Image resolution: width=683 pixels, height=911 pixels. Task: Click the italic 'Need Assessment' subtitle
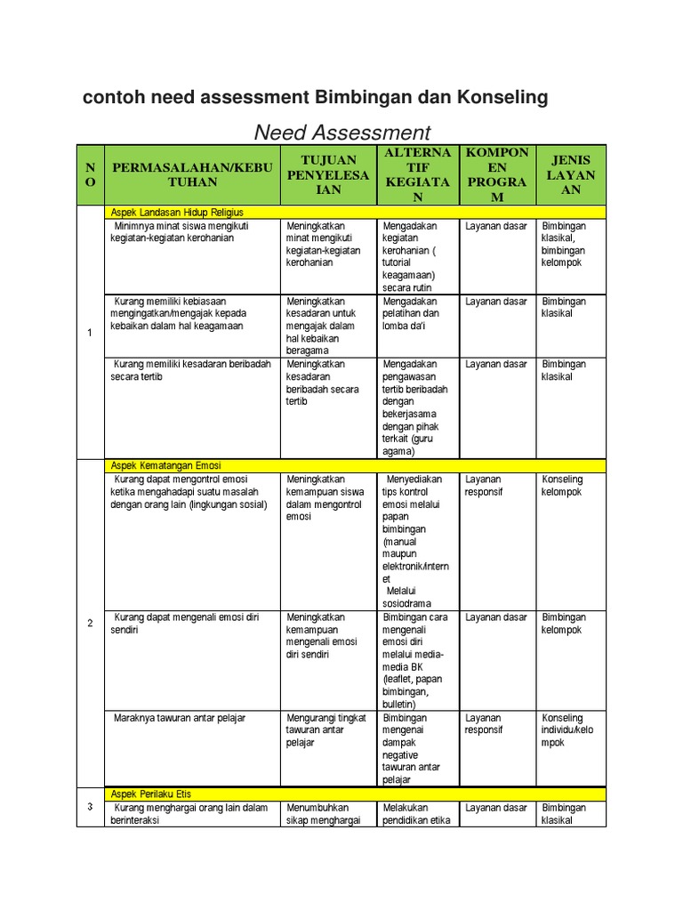(x=342, y=133)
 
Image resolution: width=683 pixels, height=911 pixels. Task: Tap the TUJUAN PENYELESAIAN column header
(x=327, y=174)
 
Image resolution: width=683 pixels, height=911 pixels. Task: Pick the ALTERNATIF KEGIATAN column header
(x=417, y=174)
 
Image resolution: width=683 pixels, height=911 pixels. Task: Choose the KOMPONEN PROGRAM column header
(x=497, y=174)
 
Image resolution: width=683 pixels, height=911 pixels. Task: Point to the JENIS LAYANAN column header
(x=571, y=174)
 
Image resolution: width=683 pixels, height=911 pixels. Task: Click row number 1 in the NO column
(x=90, y=333)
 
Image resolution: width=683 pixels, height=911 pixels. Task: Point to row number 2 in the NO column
(x=90, y=623)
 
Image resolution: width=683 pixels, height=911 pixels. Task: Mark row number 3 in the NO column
(x=90, y=807)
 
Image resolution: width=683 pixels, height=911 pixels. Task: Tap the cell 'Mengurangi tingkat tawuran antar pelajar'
(x=325, y=730)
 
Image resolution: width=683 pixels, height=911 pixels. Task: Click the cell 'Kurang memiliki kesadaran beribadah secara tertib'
(x=190, y=370)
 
